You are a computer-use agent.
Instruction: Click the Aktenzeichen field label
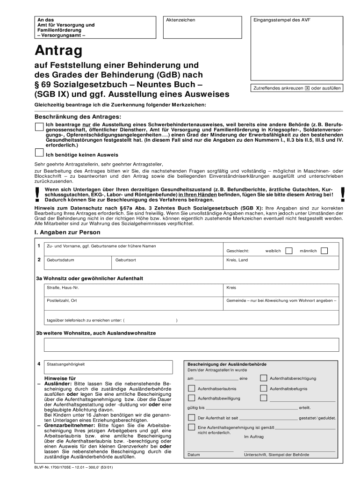pos(180,20)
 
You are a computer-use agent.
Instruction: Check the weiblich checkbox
pos(289,251)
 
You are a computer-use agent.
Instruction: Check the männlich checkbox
pos(324,251)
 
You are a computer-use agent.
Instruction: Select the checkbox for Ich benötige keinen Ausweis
pos(39,152)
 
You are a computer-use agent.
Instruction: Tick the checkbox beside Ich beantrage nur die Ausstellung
pos(39,126)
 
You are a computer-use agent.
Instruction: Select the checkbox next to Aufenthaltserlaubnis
pos(191,388)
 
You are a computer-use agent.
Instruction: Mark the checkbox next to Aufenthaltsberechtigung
pos(264,378)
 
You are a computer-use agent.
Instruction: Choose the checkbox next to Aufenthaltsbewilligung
pos(191,398)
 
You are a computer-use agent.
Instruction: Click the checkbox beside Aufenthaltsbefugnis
pos(264,388)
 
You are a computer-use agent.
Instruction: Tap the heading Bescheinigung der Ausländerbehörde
pos(227,364)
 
